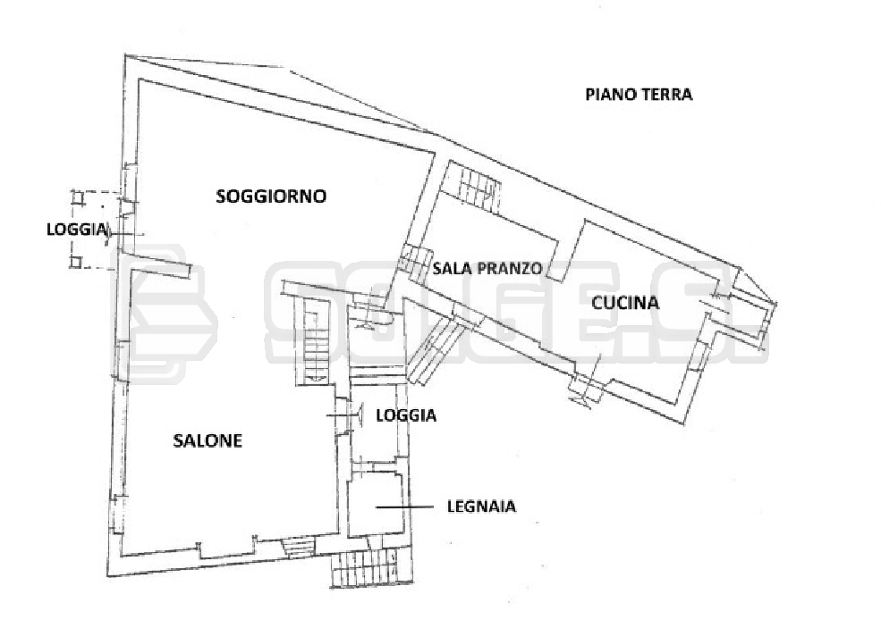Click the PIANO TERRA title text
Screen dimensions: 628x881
(639, 94)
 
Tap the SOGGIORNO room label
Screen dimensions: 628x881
(271, 196)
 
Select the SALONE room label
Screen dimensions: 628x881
(208, 440)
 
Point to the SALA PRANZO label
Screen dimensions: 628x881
(487, 268)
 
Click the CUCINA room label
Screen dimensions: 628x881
(625, 302)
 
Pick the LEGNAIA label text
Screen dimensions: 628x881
(481, 507)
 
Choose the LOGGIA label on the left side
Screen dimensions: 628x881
(77, 229)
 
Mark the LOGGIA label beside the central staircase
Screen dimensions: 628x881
(406, 414)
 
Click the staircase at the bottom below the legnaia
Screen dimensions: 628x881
(363, 568)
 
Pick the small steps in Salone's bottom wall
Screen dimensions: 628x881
(299, 545)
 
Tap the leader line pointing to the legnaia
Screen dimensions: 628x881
(407, 507)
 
